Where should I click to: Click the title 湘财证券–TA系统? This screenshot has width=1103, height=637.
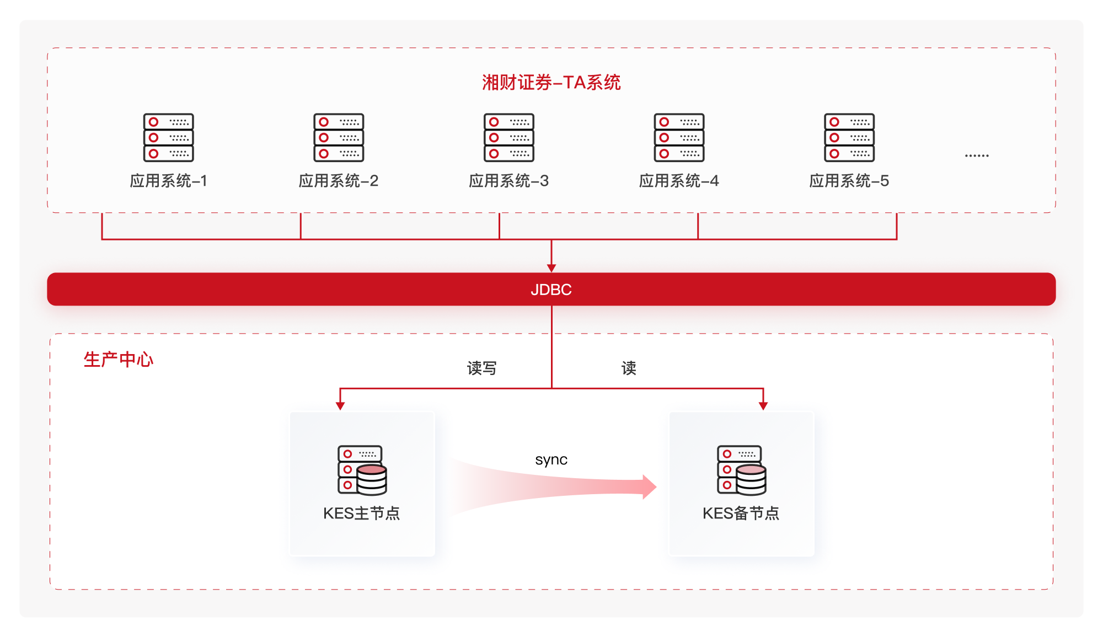(551, 83)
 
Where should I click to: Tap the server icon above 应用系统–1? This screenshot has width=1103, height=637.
(169, 138)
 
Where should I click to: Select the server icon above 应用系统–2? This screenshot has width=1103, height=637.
(339, 138)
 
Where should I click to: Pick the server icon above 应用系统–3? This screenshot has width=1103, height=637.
(509, 138)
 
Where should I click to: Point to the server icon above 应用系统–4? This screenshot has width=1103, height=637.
(679, 138)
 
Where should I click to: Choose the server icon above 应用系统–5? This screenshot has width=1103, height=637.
(849, 138)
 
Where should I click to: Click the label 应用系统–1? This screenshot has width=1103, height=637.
(169, 181)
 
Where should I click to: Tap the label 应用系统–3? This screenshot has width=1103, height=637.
(509, 181)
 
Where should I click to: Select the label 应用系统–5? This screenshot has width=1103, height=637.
(849, 181)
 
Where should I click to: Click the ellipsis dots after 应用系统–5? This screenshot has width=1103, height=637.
(977, 156)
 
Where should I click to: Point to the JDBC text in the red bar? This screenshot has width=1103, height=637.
(551, 290)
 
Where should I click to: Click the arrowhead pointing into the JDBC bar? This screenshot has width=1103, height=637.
(551, 268)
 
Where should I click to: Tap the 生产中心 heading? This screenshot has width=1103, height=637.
(119, 360)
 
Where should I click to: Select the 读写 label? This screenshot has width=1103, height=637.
(481, 368)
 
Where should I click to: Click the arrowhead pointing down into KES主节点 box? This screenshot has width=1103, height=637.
(340, 406)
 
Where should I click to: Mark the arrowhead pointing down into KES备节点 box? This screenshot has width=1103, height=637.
(763, 406)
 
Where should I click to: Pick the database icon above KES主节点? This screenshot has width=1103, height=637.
(362, 470)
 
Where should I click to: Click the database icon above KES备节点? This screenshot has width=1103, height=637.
(742, 470)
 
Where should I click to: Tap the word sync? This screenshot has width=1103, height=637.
(551, 459)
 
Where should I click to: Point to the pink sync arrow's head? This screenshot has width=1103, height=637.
(650, 487)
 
